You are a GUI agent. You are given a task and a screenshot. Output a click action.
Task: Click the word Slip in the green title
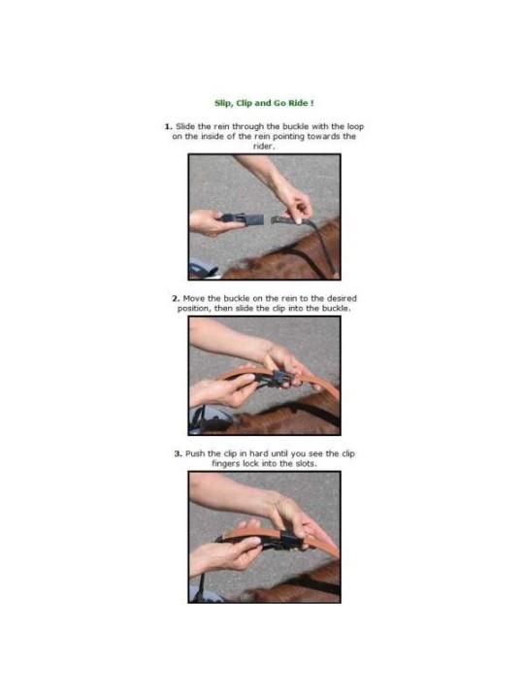[220, 101]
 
